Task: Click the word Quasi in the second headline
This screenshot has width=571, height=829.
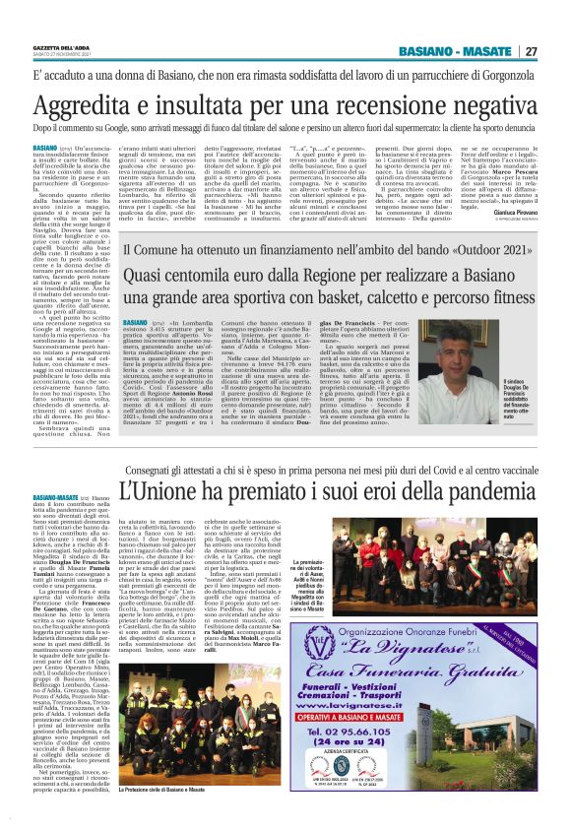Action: click(149, 275)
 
